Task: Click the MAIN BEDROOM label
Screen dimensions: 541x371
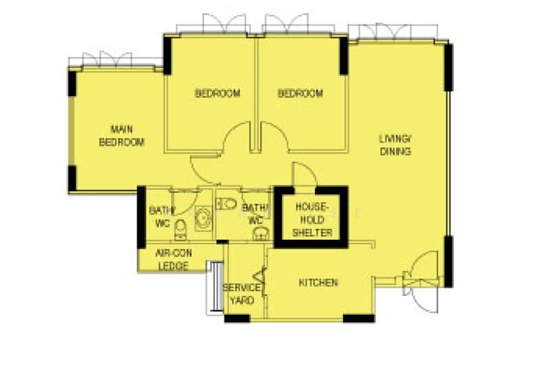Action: pyautogui.click(x=122, y=136)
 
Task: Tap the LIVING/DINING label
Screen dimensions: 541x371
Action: pyautogui.click(x=396, y=145)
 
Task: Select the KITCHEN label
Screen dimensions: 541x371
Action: pyautogui.click(x=318, y=282)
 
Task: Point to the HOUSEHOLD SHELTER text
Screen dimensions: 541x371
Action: pyautogui.click(x=312, y=220)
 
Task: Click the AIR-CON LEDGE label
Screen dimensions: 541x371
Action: pyautogui.click(x=174, y=259)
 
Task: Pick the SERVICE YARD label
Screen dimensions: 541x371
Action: pyautogui.click(x=241, y=294)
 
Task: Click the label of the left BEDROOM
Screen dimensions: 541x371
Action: pyautogui.click(x=217, y=93)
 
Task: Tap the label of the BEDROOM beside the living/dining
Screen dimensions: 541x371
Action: pyautogui.click(x=300, y=93)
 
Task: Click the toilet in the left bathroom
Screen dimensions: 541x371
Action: pyautogui.click(x=181, y=229)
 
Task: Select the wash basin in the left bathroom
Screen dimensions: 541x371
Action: pyautogui.click(x=204, y=218)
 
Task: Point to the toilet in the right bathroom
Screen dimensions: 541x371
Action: pyautogui.click(x=227, y=203)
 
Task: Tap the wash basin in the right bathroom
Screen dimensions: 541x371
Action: pyautogui.click(x=262, y=234)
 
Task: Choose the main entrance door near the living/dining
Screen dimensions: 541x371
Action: pyautogui.click(x=421, y=282)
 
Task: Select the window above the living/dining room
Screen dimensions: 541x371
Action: pyautogui.click(x=393, y=32)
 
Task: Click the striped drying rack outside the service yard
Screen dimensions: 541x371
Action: pyautogui.click(x=214, y=288)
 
